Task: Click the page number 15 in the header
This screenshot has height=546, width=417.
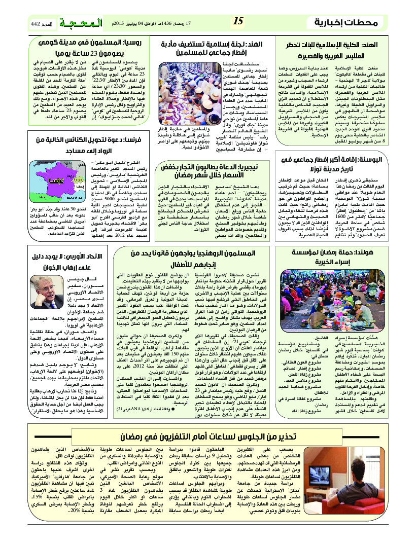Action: (x=239, y=22)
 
